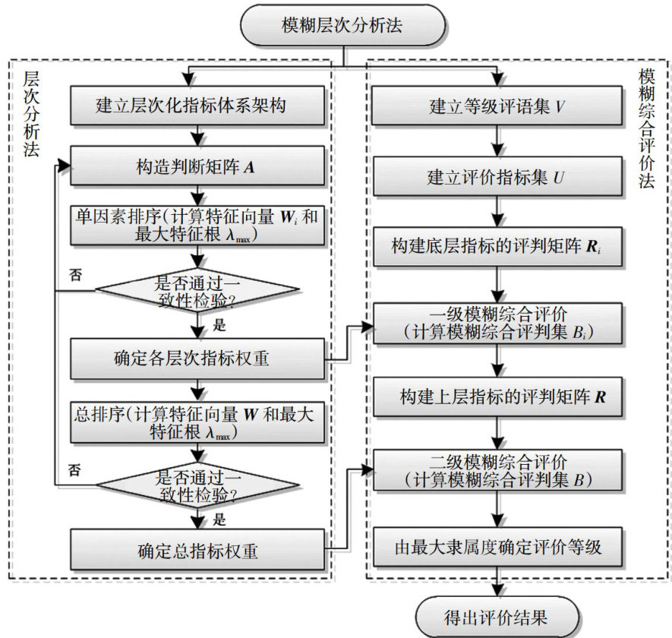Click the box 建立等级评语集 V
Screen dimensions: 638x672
tap(497, 106)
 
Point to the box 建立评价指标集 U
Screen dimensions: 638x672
tap(497, 178)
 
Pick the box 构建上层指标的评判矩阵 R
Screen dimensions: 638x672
tap(497, 396)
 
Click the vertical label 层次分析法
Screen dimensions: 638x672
tap(31, 114)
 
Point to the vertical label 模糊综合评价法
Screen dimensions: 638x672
tap(647, 130)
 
